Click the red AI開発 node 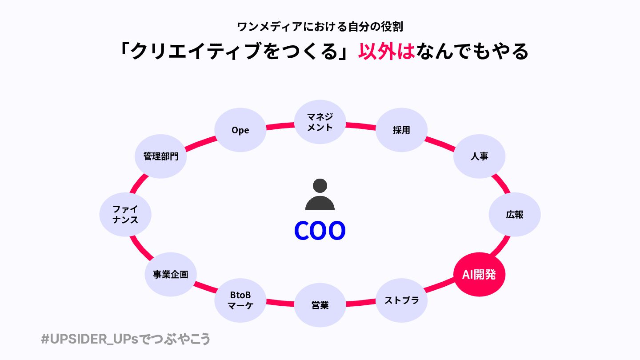[479, 275]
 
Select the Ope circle [240, 130]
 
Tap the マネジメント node [320, 121]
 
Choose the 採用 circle [401, 130]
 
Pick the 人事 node [479, 156]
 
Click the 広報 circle [514, 215]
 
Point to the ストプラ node [401, 300]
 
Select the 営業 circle [320, 305]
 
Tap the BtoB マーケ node [240, 300]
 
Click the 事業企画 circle [171, 274]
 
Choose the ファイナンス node [125, 214]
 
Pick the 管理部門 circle [160, 156]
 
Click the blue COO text [320, 231]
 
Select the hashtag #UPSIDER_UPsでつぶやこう [125, 339]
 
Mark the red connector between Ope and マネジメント [280, 127]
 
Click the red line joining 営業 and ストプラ [361, 304]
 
